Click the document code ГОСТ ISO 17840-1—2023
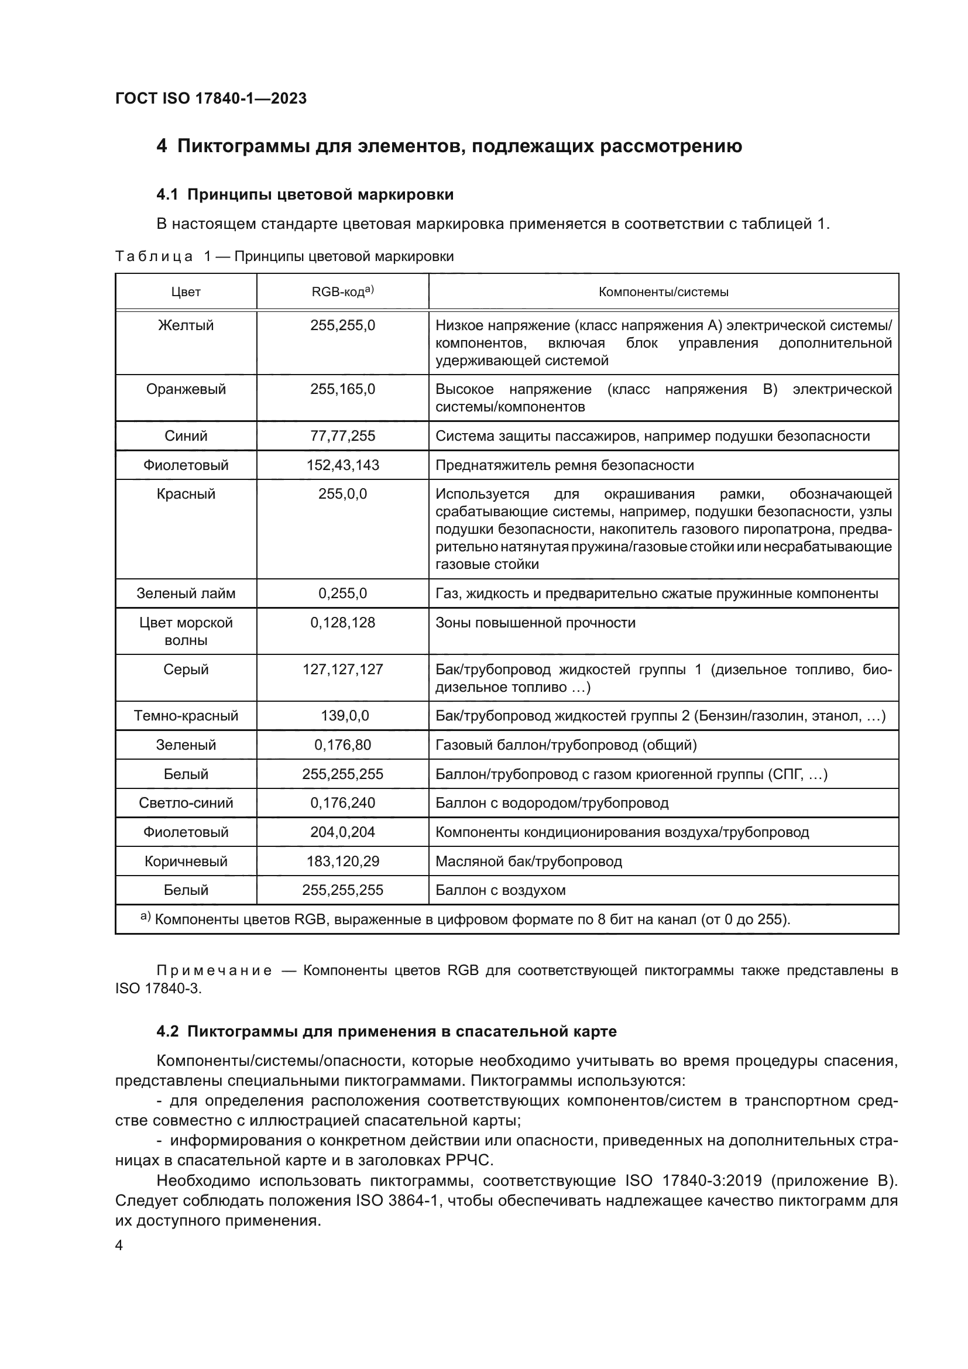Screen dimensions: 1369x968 coord(211,98)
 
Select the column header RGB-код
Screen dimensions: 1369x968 coord(342,291)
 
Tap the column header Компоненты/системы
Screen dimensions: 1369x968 coord(663,292)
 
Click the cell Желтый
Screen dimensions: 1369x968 coord(186,325)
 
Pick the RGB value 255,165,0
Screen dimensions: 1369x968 coord(342,389)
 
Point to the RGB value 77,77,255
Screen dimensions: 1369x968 coord(342,436)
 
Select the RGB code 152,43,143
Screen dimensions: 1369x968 coord(342,465)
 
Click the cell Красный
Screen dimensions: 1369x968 coord(186,495)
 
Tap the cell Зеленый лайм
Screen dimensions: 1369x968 coord(186,593)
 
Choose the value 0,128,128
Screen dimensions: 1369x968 coord(342,623)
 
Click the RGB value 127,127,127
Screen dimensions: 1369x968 coord(342,670)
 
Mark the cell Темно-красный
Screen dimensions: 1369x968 coord(186,715)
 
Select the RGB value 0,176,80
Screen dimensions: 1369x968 coord(342,744)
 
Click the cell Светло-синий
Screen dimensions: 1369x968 coord(186,802)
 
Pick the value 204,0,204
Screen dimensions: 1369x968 coord(342,832)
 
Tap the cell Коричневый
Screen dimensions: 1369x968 coord(186,861)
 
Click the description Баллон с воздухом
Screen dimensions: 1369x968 coord(500,890)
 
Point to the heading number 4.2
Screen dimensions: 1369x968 coord(167,1031)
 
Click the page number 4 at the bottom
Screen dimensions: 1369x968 coord(119,1246)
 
